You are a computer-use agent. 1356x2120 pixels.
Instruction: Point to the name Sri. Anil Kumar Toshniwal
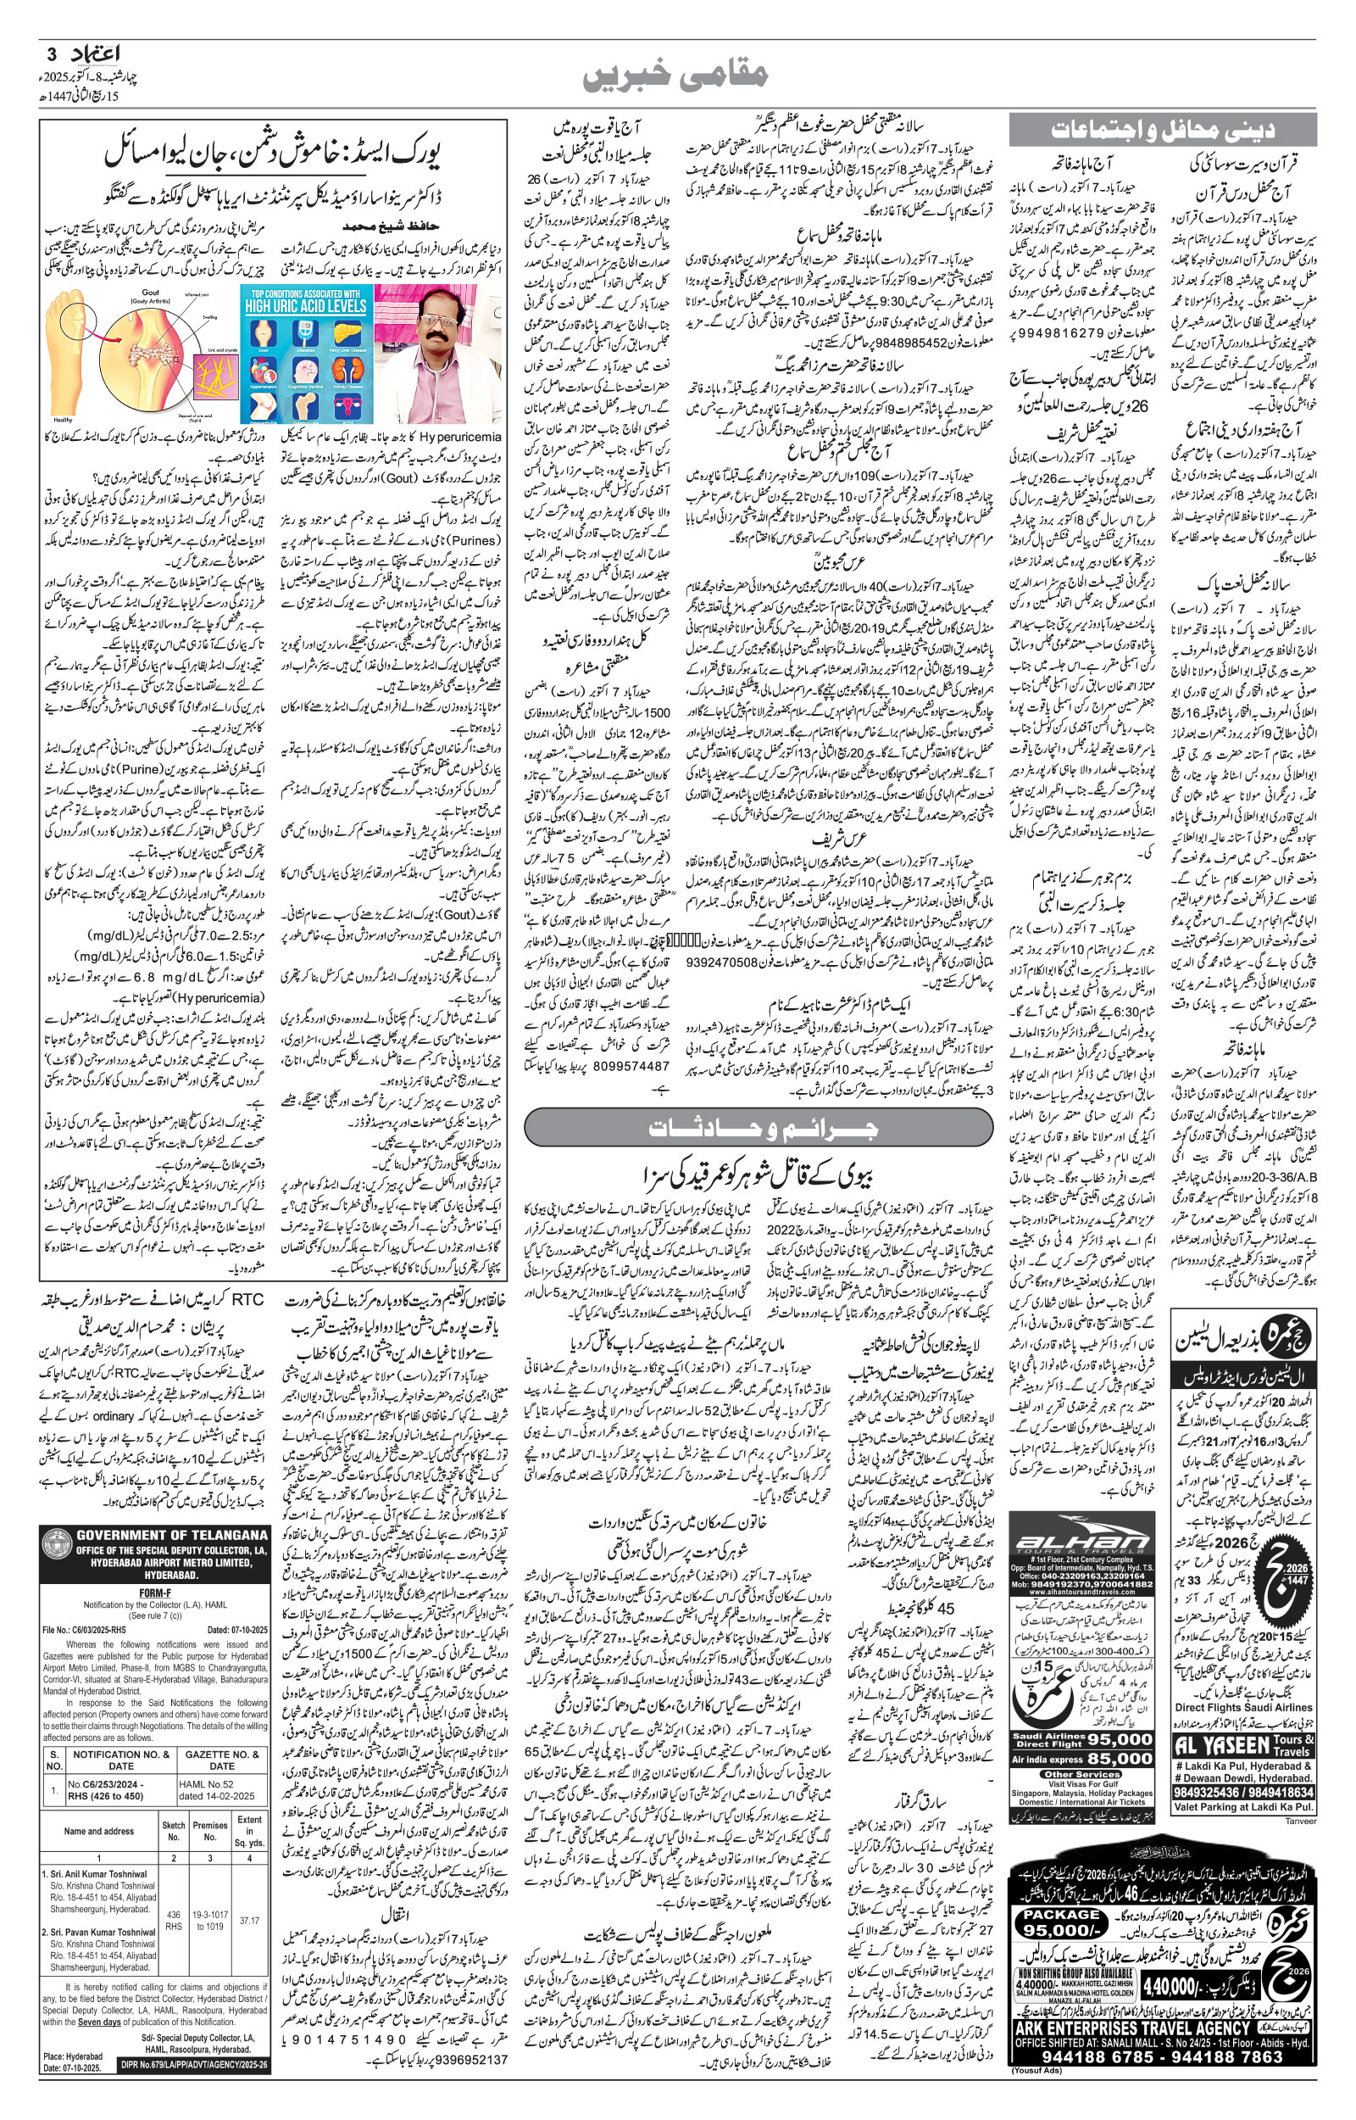pos(97,1873)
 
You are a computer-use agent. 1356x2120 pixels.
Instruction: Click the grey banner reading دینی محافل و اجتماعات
pos(1162,131)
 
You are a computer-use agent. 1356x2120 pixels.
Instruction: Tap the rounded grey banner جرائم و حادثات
pos(761,1127)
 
